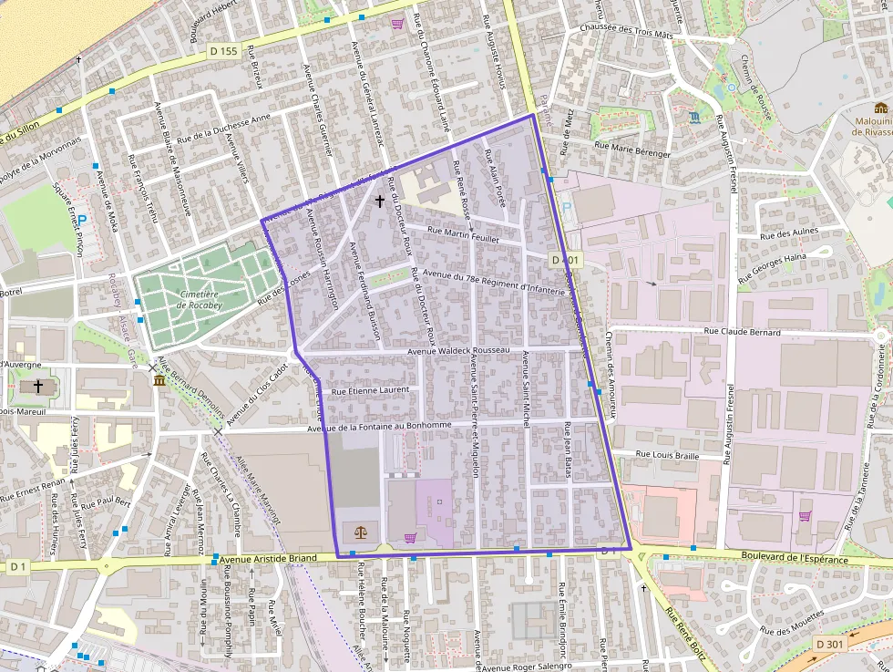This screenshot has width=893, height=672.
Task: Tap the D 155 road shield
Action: pyautogui.click(x=222, y=51)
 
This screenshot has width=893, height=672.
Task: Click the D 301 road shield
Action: pyautogui.click(x=830, y=644)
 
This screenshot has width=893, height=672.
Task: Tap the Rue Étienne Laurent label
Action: pyautogui.click(x=371, y=390)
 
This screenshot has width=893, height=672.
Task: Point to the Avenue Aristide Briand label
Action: pyautogui.click(x=269, y=558)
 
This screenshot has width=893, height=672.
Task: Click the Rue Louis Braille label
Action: pyautogui.click(x=667, y=454)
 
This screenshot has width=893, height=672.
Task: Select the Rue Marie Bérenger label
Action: pyautogui.click(x=631, y=149)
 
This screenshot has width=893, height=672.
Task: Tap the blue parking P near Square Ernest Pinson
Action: pyautogui.click(x=82, y=221)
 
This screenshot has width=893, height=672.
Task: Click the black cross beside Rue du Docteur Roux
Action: pyautogui.click(x=380, y=201)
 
